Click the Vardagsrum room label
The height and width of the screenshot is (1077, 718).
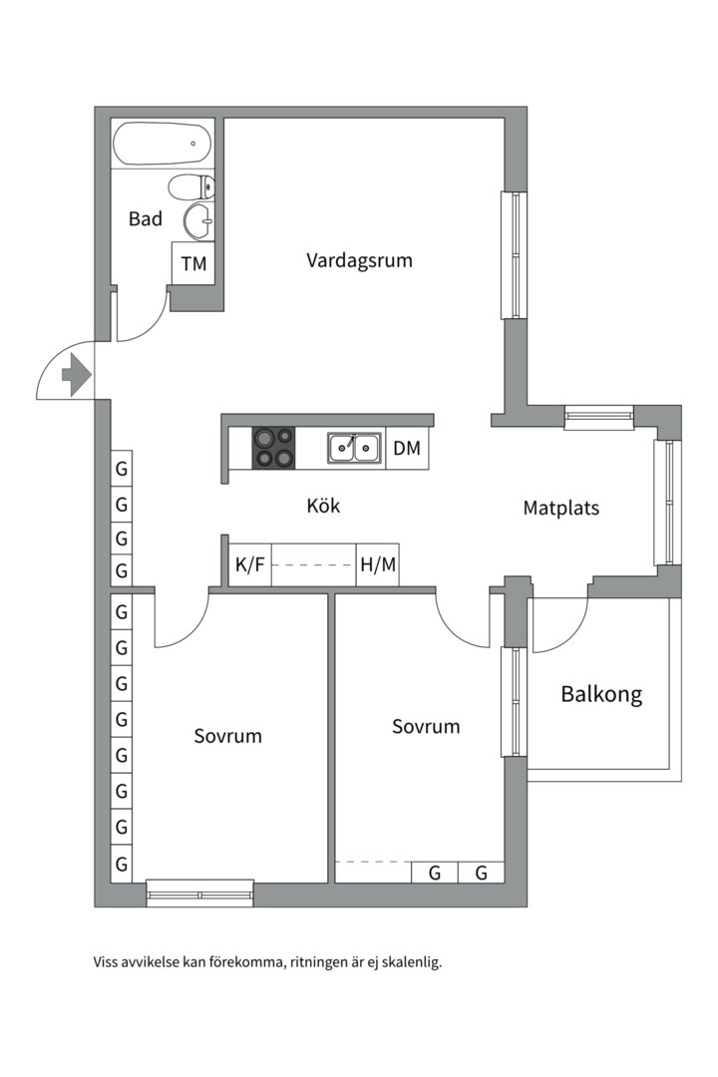coord(359,261)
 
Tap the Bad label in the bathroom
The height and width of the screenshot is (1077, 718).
coord(146,219)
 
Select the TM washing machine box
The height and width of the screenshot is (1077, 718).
coord(193,264)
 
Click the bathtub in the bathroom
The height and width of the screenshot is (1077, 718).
coord(163,145)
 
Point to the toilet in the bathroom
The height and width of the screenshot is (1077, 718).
coord(191,186)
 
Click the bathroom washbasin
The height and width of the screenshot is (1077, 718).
coord(198,221)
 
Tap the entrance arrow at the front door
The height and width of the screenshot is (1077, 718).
coord(75,375)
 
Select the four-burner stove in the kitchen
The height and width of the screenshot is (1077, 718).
coord(273,448)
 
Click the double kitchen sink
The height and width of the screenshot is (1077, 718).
coord(354,449)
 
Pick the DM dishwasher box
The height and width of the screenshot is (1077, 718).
coord(407,449)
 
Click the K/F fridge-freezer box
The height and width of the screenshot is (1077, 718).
coord(249,565)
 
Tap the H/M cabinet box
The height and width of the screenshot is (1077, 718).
coord(378,565)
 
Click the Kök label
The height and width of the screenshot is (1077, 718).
coord(323,507)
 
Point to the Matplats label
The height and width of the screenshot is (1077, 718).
coord(561,509)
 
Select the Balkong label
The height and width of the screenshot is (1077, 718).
coord(601,694)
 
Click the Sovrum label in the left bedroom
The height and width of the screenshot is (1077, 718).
coord(227,737)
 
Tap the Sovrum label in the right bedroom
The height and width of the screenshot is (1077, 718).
coord(426,727)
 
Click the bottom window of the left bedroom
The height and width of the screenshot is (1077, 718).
coord(199,894)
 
